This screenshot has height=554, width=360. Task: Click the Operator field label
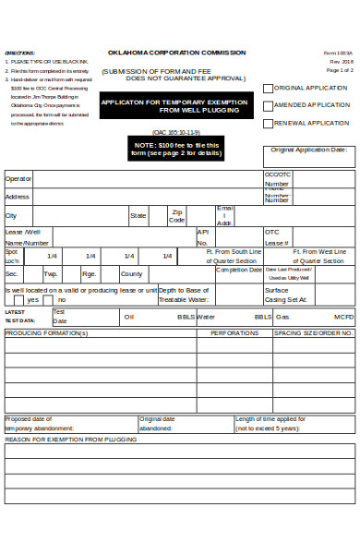(18, 179)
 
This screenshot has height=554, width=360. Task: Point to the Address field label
(18, 197)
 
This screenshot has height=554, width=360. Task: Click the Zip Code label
(177, 216)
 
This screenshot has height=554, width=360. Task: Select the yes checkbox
(20, 300)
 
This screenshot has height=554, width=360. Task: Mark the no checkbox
(51, 300)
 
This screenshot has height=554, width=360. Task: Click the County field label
(131, 274)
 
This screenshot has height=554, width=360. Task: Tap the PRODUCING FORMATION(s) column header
(46, 332)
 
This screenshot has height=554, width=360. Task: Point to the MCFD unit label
(343, 317)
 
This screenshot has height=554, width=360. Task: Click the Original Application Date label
(309, 150)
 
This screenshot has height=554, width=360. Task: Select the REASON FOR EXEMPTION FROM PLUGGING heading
(70, 440)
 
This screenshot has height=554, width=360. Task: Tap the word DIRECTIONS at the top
(19, 53)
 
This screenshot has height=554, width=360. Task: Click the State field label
(138, 215)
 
